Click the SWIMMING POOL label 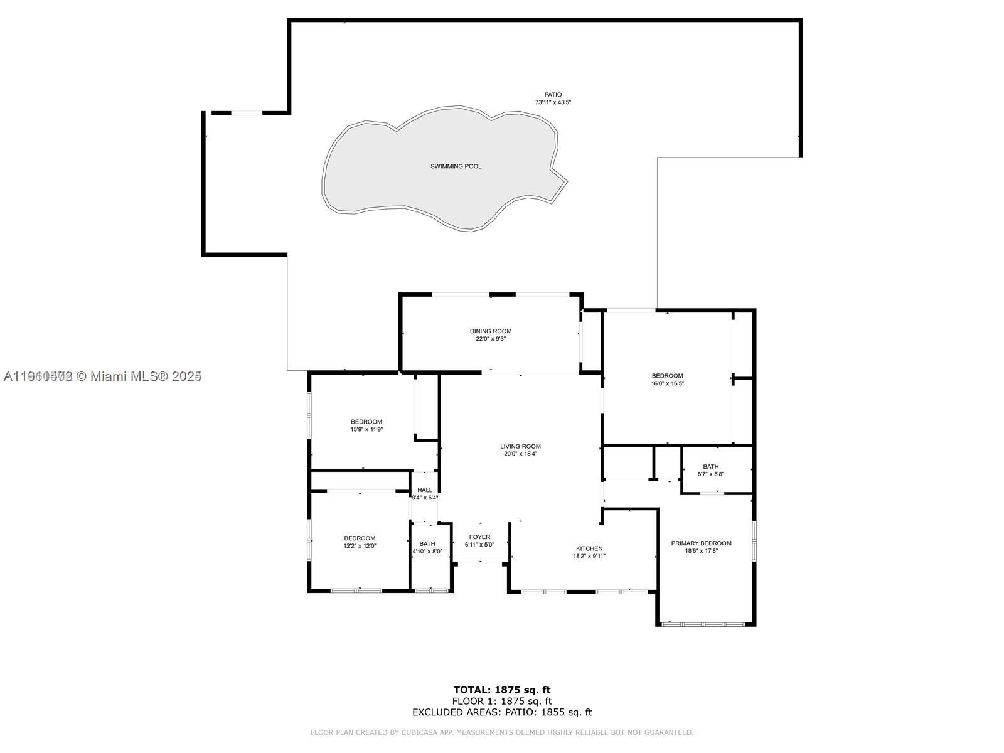456,166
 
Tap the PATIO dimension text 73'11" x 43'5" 553,102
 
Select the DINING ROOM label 491,331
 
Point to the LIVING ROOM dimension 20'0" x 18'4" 520,454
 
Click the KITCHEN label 589,548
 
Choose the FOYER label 479,537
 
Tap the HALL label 425,490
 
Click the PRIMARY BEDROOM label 701,543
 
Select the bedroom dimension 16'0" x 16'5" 667,383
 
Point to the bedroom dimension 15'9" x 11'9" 366,430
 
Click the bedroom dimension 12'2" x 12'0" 360,546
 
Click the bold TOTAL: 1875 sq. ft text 502,690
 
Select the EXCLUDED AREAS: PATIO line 502,712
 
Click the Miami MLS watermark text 102,376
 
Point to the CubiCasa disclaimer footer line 502,732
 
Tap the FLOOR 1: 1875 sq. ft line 502,701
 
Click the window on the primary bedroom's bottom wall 703,624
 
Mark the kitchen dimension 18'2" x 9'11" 589,556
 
